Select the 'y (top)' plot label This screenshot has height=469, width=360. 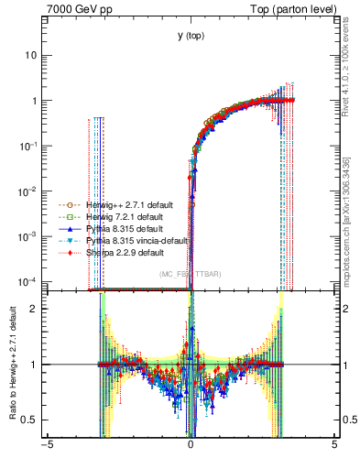click(x=191, y=36)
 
